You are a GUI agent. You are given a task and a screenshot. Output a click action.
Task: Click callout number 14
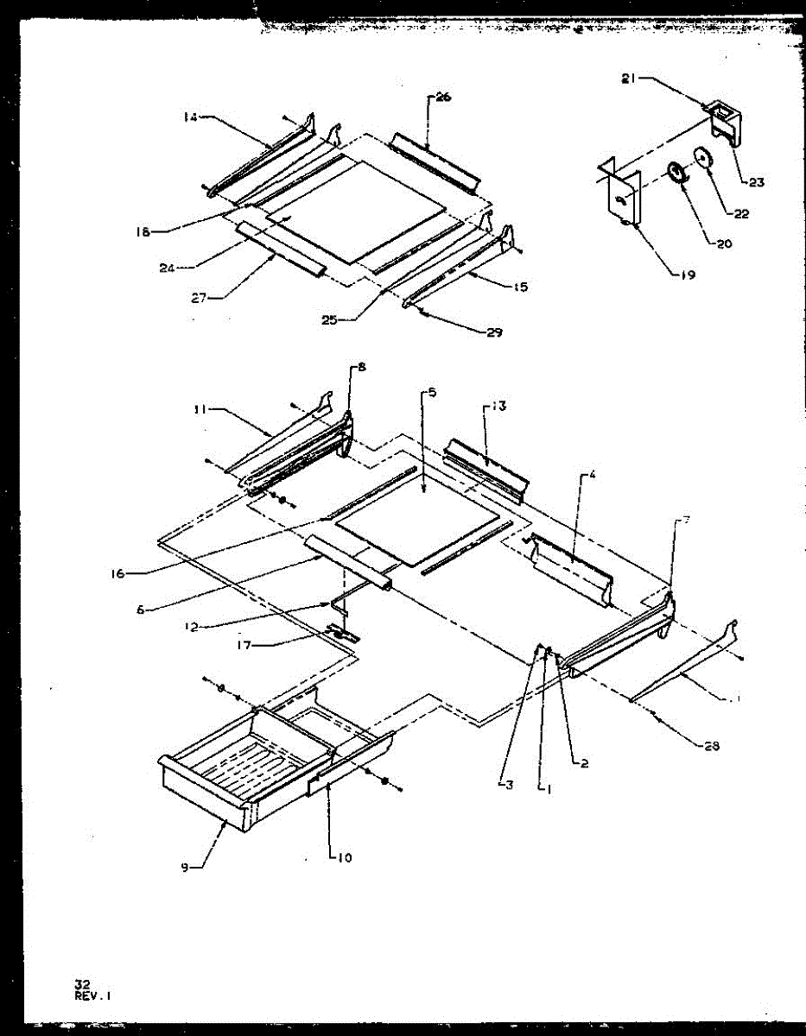coord(189,117)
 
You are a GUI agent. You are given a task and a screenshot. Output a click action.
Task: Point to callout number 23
coord(756,182)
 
